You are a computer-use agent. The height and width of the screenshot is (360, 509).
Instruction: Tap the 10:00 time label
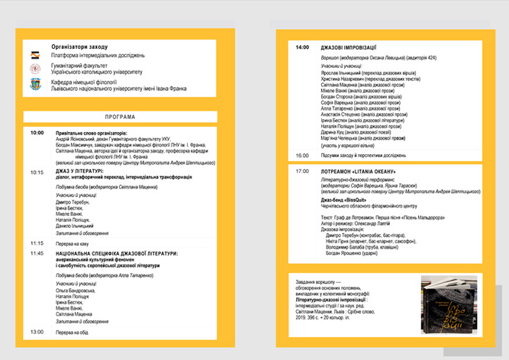click(x=37, y=132)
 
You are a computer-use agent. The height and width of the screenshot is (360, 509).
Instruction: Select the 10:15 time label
click(x=37, y=172)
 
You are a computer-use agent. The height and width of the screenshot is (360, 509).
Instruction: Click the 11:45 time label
click(x=37, y=252)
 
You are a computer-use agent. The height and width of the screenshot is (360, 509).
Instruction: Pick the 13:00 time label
click(x=37, y=333)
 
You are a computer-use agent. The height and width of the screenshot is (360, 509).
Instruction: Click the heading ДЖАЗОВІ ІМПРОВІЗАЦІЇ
click(x=353, y=47)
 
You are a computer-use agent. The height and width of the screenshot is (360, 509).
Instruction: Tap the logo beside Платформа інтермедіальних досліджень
click(x=35, y=56)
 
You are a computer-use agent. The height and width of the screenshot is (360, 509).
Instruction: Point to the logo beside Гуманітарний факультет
click(x=35, y=69)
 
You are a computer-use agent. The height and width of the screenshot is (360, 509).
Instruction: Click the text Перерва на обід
click(x=77, y=333)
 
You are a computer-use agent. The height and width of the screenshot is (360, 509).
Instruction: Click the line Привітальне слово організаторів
click(x=95, y=132)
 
